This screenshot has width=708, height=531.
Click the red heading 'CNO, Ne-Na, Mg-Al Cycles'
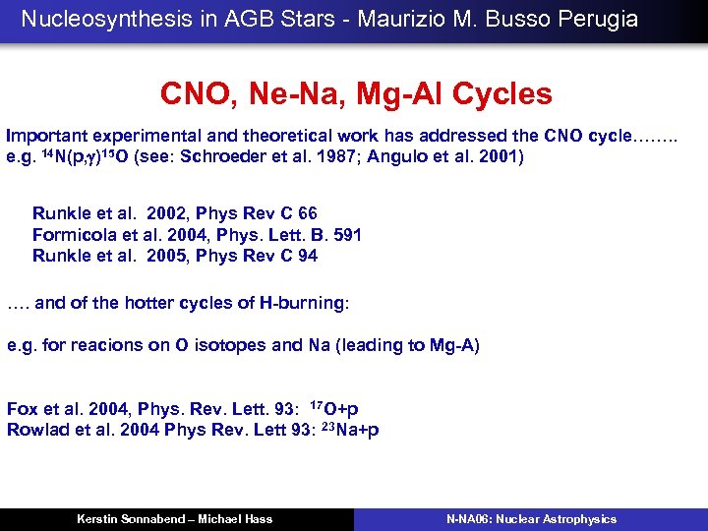pos(356,93)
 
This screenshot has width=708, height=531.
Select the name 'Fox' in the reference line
pos(24,408)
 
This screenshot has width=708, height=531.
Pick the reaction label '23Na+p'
pos(349,429)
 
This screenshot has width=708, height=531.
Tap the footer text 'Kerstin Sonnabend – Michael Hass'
pos(175,518)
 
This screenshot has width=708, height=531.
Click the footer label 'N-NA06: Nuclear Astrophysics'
pos(531,518)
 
